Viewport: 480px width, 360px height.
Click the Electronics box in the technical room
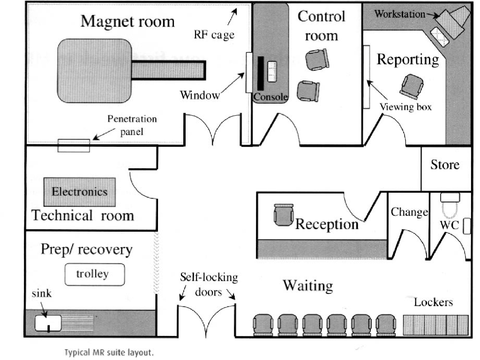coord(79,192)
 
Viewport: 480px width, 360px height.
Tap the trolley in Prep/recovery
coord(95,274)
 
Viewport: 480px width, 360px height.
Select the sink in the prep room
coord(48,322)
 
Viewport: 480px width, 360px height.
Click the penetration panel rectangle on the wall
coord(74,145)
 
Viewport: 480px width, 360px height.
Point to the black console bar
coord(260,73)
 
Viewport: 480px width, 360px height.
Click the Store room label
coord(445,165)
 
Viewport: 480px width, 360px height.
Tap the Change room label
coord(409,212)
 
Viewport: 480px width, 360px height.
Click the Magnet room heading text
coord(127,21)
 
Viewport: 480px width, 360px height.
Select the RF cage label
coord(214,35)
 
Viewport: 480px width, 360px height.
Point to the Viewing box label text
coord(405,107)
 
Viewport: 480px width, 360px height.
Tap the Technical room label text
coord(82,216)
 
